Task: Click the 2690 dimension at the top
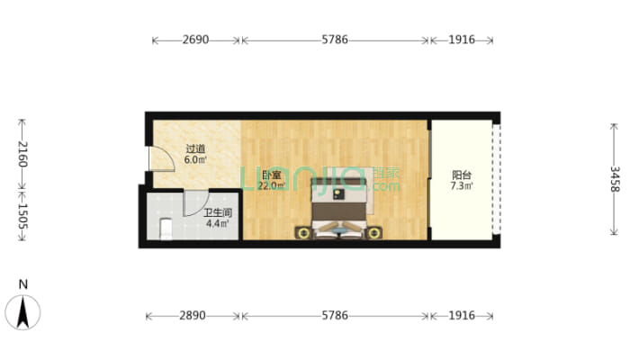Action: [x=195, y=40]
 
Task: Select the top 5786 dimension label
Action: [x=335, y=40]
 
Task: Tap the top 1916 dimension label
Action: [x=462, y=40]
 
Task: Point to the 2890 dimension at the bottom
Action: [x=193, y=315]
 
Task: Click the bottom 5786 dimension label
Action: [x=335, y=315]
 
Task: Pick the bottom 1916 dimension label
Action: [x=462, y=315]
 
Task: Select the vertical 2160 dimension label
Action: [x=22, y=154]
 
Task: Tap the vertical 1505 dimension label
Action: [x=22, y=216]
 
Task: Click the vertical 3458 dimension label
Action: [x=614, y=179]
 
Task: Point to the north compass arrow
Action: [x=22, y=312]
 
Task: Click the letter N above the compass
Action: [x=23, y=284]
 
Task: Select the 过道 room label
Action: [x=195, y=149]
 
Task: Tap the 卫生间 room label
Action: [x=218, y=212]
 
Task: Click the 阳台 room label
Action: [x=462, y=175]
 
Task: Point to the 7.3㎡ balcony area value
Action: [x=462, y=186]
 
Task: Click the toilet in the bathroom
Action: [x=166, y=229]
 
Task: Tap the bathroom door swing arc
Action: [x=196, y=203]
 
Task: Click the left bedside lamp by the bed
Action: [x=302, y=233]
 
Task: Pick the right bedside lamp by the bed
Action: [x=373, y=233]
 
